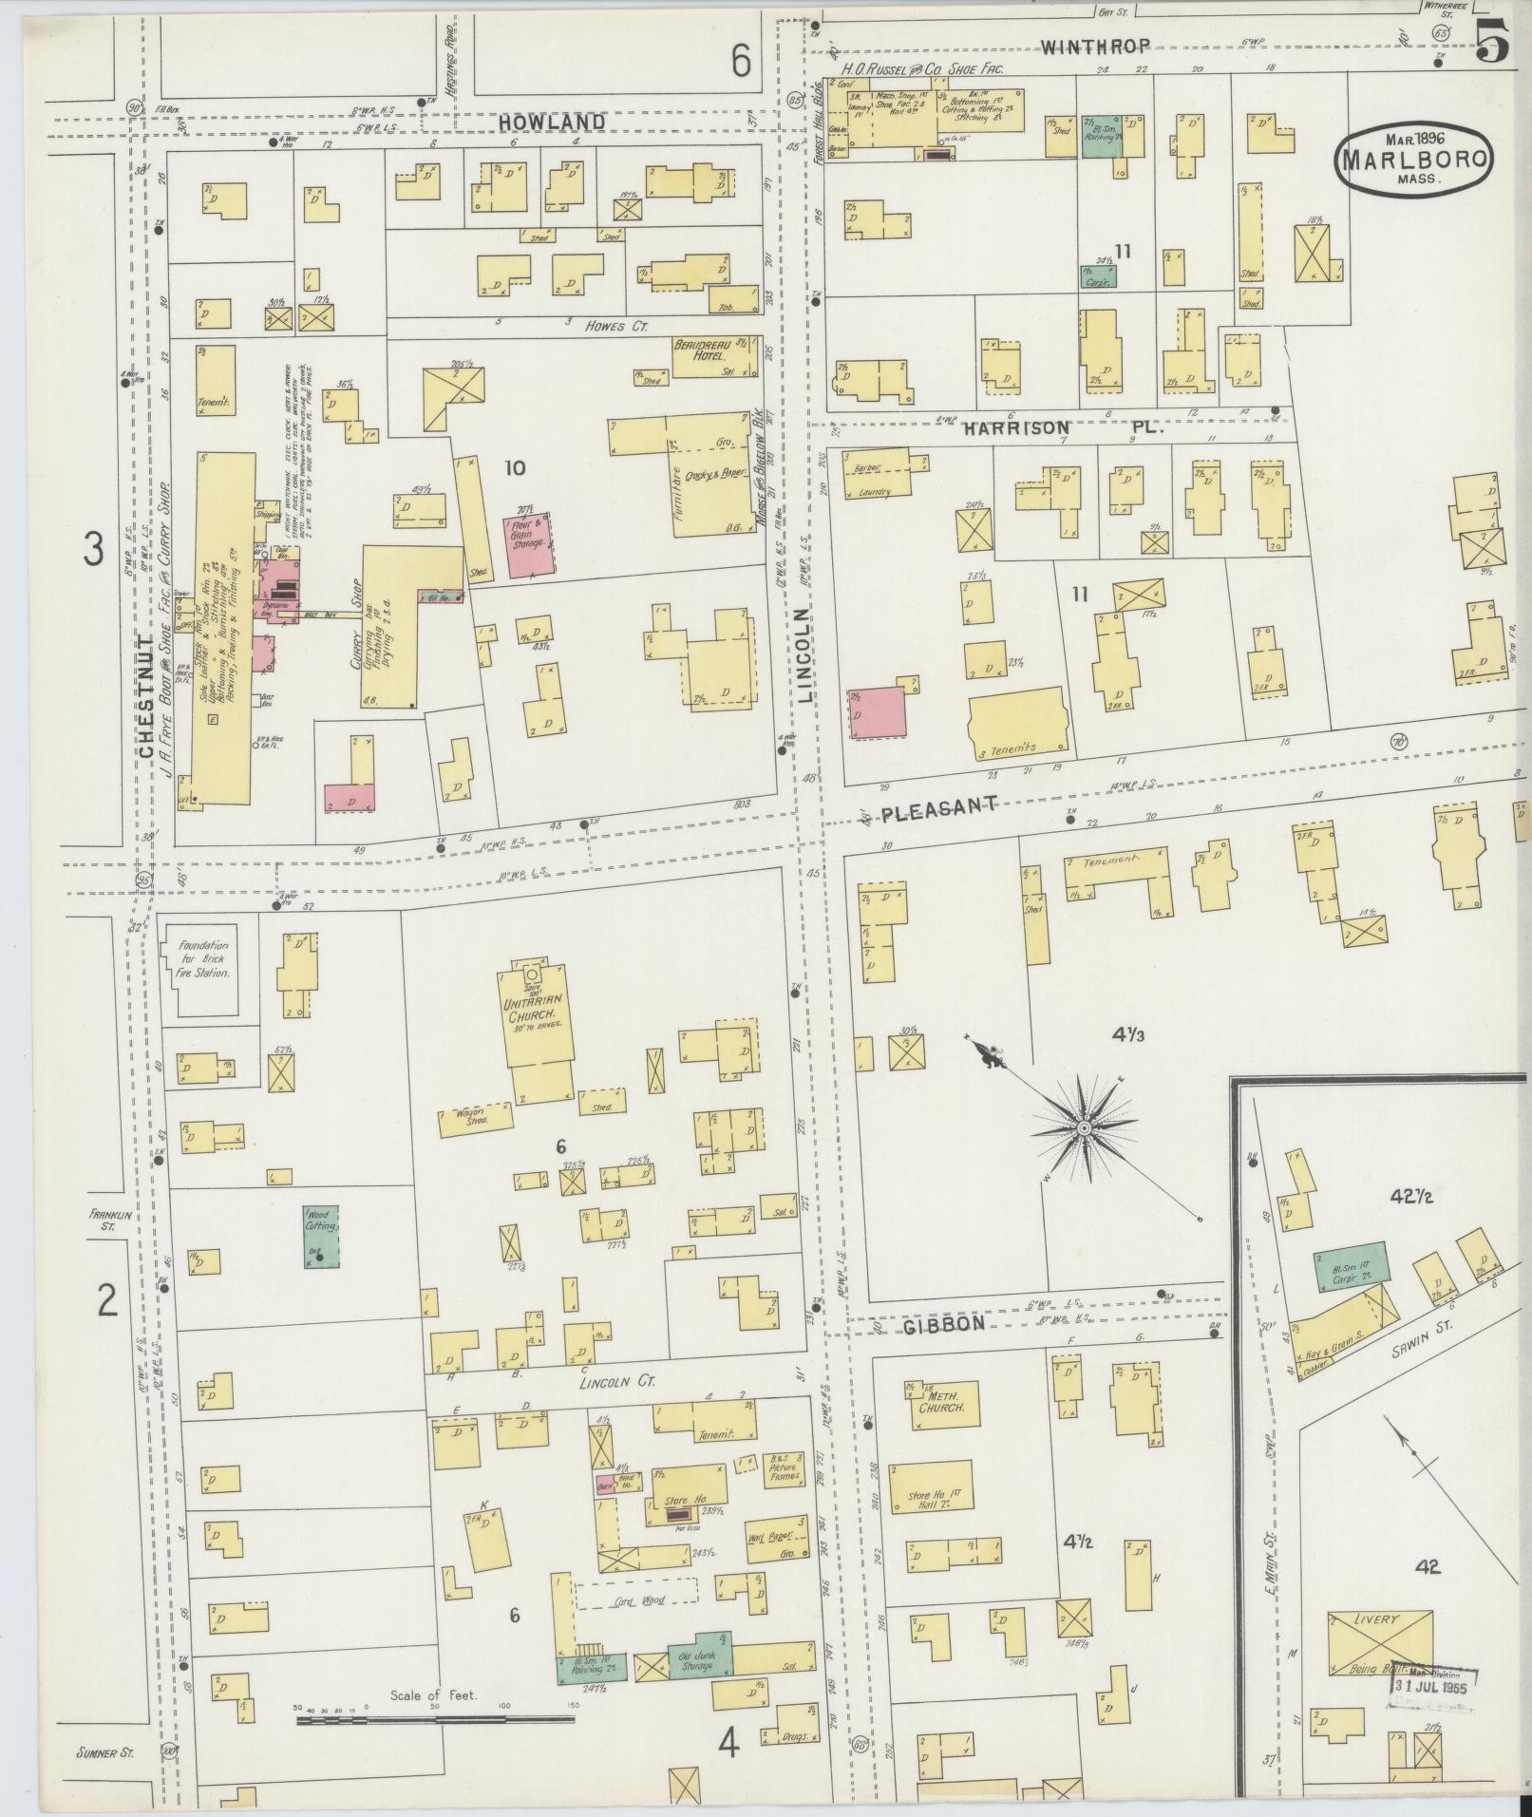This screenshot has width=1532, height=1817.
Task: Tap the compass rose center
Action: point(1084,1128)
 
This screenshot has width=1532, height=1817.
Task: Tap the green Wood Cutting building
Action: point(321,1236)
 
